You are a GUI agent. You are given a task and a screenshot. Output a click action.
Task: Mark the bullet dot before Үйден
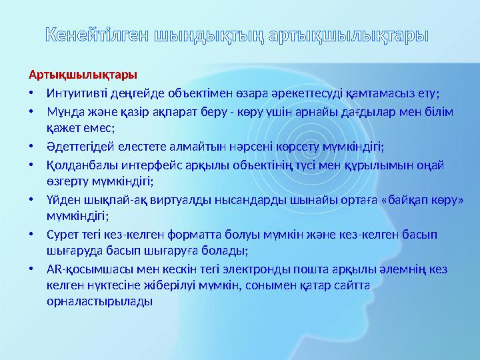31,200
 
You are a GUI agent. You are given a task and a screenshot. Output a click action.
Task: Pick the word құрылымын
371,165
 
